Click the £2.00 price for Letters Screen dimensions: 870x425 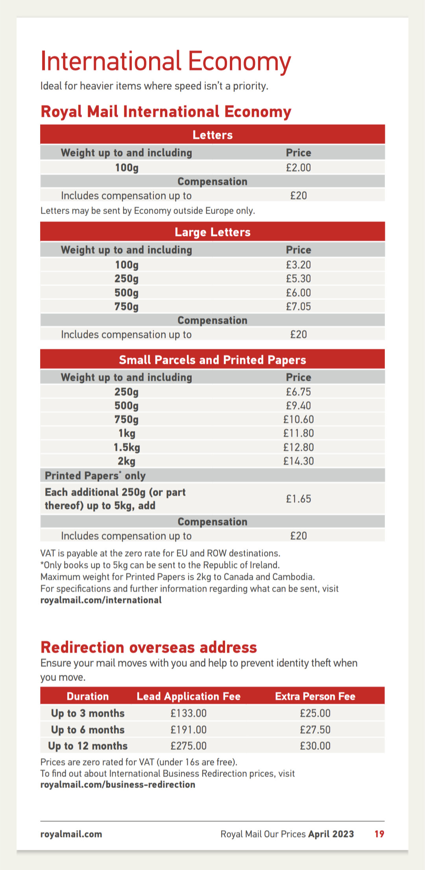tap(298, 168)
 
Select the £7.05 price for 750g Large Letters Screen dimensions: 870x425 tap(298, 307)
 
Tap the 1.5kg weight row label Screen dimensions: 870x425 tap(127, 447)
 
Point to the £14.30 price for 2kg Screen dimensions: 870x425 tap(298, 461)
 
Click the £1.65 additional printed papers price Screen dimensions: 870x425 tap(298, 499)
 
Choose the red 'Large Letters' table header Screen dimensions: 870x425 tap(213, 232)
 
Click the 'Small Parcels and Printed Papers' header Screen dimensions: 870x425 tap(213, 360)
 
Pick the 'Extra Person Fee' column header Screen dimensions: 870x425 tap(315, 696)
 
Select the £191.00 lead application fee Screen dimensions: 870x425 tap(188, 730)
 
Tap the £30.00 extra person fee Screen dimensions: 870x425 tap(315, 746)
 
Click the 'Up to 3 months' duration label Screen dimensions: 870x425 tap(88, 713)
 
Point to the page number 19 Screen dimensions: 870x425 tap(379, 834)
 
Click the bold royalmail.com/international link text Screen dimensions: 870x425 tap(101, 600)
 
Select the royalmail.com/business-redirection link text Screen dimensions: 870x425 tap(118, 785)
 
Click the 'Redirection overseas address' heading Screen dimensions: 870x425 tap(149, 648)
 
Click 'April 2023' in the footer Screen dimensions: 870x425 tap(331, 834)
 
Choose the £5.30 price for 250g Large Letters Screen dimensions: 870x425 tap(298, 279)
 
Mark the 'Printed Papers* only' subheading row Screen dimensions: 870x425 tap(95, 476)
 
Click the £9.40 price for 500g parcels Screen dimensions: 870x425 tap(298, 406)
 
